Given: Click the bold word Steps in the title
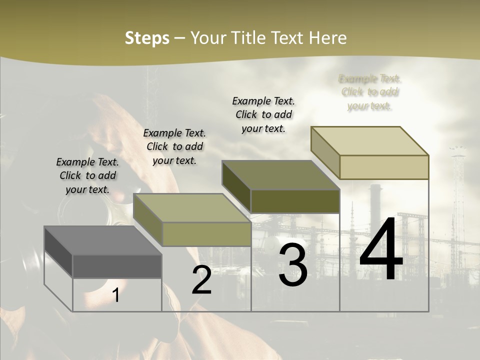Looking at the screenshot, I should pos(147,38).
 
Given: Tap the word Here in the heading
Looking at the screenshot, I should pos(327,38).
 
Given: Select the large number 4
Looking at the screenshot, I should pos(381,249).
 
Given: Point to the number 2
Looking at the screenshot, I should pos(201,280).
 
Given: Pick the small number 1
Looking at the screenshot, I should pos(116,295).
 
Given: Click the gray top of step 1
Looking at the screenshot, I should pos(102,240).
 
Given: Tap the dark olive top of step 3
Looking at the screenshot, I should pos(280,174).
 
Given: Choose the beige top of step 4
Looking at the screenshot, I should pos(369,140).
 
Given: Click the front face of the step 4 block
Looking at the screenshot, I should pos(384,167).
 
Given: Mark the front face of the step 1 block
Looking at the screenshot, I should pos(117,266).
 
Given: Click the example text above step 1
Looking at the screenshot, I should pos(87,175).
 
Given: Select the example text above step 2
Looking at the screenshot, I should pos(174,146).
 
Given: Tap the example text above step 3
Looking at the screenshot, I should pos(263,114).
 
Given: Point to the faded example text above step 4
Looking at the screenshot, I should pos(370,92).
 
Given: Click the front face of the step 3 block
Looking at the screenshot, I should pos(295,201).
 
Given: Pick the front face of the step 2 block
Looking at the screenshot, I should pos(206,234).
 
